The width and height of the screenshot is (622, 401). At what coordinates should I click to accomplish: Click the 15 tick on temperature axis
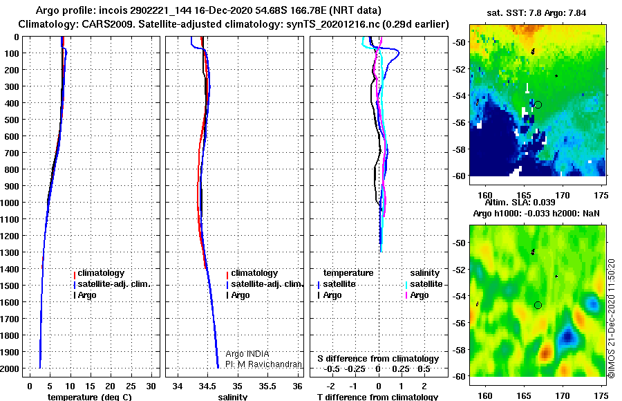(90, 386)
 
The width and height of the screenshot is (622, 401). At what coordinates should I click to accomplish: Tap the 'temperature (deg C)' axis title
(90, 397)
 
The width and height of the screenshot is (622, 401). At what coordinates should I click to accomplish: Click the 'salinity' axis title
(233, 397)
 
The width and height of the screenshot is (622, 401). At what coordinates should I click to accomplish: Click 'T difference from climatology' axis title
(377, 397)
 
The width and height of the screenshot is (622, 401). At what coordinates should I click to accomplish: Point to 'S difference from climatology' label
(378, 359)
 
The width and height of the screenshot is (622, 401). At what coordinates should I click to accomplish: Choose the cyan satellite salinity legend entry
(424, 284)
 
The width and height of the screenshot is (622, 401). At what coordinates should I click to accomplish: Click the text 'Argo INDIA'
(247, 354)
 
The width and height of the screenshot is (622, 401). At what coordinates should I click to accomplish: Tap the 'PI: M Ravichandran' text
(263, 364)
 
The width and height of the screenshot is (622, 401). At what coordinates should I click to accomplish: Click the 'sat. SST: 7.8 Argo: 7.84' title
(536, 13)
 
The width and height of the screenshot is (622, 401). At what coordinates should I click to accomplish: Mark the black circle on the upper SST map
(538, 105)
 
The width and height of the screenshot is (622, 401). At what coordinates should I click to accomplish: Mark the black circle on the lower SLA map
(538, 305)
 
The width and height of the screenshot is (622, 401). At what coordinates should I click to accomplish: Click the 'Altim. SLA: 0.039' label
(520, 203)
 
